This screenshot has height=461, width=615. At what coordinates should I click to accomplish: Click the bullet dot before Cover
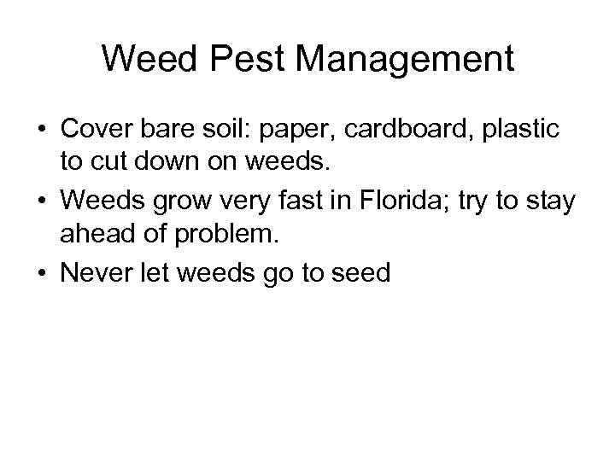point(41,130)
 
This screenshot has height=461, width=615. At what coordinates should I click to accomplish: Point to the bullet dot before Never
point(41,273)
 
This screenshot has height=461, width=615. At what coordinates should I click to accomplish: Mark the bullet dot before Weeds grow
point(41,201)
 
